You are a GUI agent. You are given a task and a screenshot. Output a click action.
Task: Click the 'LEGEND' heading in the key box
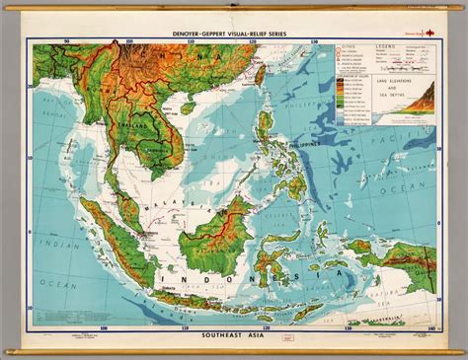[x=386, y=46]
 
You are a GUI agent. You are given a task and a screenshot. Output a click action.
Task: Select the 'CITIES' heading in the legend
[x=348, y=47]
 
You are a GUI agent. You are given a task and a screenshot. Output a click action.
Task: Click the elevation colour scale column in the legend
[x=344, y=100]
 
